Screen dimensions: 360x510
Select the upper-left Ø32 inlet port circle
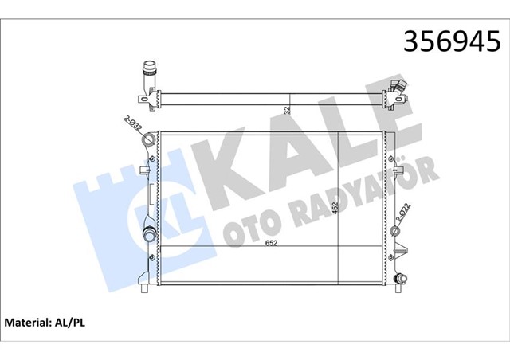[147, 141]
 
